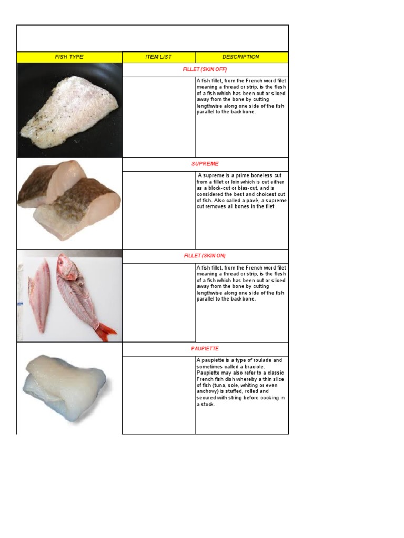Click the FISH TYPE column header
pyautogui.click(x=69, y=57)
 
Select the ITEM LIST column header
pyautogui.click(x=158, y=57)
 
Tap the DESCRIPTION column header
pyautogui.click(x=240, y=57)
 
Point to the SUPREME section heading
pyautogui.click(x=205, y=164)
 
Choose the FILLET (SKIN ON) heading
pyautogui.click(x=205, y=256)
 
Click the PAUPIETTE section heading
pyautogui.click(x=205, y=349)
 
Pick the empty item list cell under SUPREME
pyautogui.click(x=158, y=210)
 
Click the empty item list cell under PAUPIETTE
pyautogui.click(x=158, y=395)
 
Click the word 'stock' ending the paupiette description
pyautogui.click(x=208, y=405)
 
